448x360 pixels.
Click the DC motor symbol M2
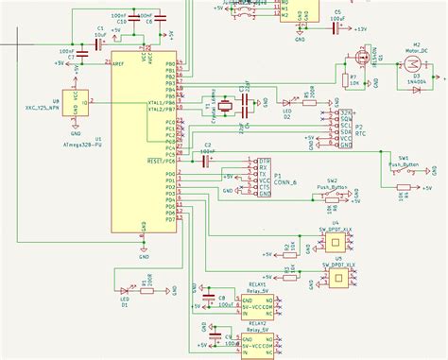tap(410, 61)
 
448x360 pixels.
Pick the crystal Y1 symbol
tap(222, 105)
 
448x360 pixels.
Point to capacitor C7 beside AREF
tap(83, 57)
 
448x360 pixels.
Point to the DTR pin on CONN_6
tap(251, 161)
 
